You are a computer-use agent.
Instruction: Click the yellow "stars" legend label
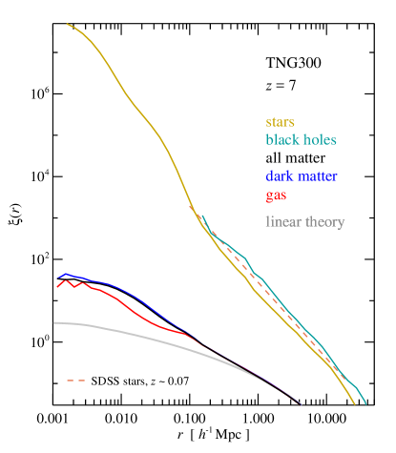click(x=280, y=122)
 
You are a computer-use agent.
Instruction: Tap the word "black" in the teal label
click(x=283, y=139)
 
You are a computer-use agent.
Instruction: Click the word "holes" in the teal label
click(x=320, y=139)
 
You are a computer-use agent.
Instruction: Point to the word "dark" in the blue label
click(x=281, y=176)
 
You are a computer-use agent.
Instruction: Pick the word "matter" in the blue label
click(x=318, y=176)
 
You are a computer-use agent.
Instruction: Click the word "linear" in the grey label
click(x=282, y=221)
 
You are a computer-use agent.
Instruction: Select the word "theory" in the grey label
click(x=324, y=221)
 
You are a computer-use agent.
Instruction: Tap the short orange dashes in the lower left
click(x=75, y=381)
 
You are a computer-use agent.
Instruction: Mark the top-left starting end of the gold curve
click(x=67, y=24)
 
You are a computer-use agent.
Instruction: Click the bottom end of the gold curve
click(x=354, y=404)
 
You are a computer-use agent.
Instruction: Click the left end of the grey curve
click(x=54, y=322)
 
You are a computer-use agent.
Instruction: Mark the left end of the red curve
click(x=58, y=286)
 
